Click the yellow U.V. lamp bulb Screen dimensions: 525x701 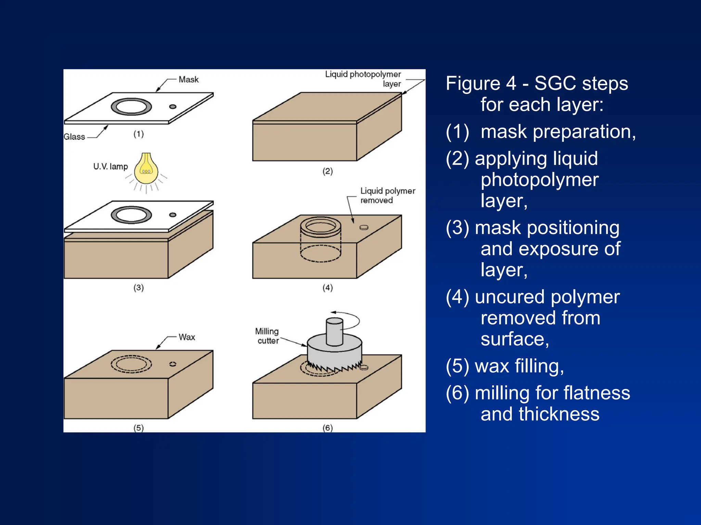[146, 169]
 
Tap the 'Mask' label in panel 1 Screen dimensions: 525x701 [188, 80]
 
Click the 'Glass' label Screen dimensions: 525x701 [74, 137]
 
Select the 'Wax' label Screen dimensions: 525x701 [187, 337]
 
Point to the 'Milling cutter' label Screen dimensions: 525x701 [267, 336]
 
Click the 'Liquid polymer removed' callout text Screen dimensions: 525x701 [387, 195]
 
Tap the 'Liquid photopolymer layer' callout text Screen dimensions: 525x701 [363, 79]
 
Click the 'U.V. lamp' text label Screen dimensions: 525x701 [110, 167]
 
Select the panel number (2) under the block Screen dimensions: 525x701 [328, 171]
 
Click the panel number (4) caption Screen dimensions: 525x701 [328, 288]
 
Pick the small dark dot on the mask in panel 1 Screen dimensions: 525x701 [173, 107]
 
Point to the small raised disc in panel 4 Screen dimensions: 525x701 [364, 227]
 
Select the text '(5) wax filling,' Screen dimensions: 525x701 [505, 366]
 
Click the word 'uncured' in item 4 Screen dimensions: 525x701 [510, 297]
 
